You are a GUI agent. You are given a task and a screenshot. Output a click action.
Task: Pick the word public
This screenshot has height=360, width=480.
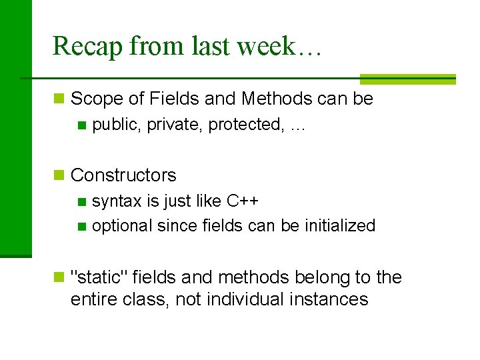[x=115, y=125]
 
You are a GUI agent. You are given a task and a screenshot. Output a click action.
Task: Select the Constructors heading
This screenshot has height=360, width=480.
[x=123, y=175]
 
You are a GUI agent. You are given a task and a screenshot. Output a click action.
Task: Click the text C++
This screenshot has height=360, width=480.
[x=243, y=201]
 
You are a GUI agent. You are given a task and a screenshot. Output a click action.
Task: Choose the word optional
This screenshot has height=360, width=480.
[x=122, y=226]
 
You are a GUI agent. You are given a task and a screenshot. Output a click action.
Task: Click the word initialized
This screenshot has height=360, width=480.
[x=340, y=226]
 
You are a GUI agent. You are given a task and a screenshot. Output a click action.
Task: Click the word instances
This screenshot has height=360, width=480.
[x=329, y=299]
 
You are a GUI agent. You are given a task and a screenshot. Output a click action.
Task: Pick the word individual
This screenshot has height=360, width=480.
[x=245, y=299]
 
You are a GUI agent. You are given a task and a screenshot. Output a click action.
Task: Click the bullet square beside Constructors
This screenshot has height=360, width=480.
[x=59, y=175]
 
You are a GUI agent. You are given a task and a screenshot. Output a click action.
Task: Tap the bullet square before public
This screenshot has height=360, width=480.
[x=81, y=125]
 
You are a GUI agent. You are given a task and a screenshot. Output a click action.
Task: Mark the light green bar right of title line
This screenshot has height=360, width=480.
[x=407, y=79]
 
